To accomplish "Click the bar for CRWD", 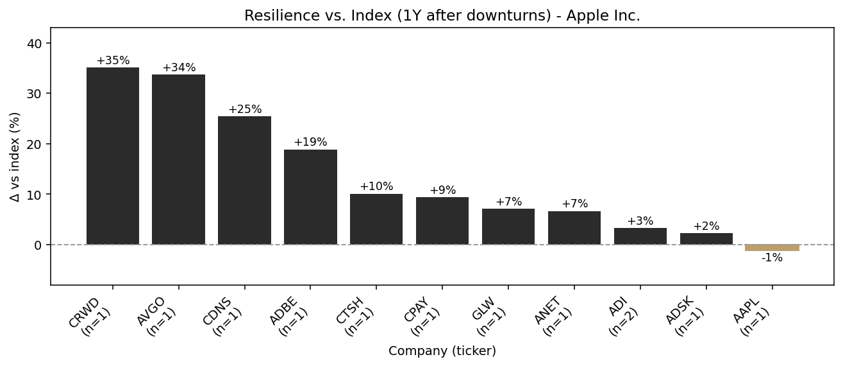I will pos(113,156).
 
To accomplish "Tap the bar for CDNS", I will pos(244,180).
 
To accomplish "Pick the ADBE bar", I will pos(310,197).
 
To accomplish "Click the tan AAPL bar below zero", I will pos(772,248).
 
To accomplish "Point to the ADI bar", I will pos(640,236).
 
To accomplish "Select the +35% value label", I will pos(113,61).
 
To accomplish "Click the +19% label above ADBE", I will pos(310,143).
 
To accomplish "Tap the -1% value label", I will pos(772,258).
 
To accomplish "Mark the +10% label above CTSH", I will pos(376,187).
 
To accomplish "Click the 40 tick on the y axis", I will pos(38,44).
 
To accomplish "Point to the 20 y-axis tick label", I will pos(38,144).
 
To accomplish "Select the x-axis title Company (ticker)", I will pos(442,351).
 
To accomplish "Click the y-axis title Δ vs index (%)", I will pos(15,156).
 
